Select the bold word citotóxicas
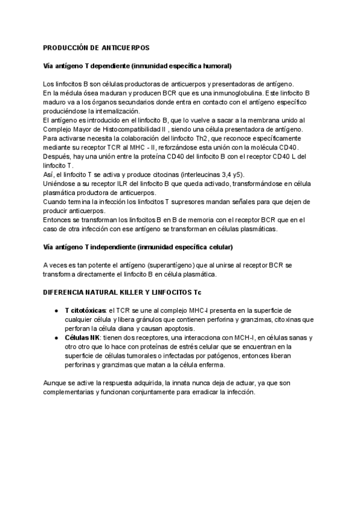tap(87, 310)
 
